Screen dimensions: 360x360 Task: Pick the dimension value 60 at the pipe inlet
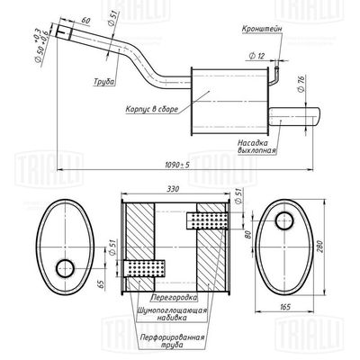point(85,20)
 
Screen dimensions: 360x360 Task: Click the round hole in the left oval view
point(65,268)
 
